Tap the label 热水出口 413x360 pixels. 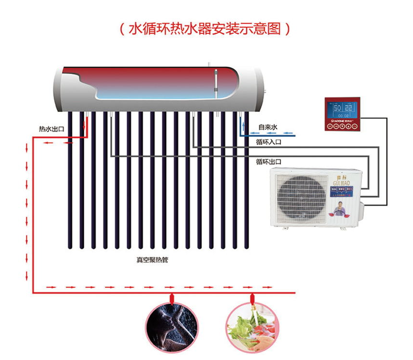pyautogui.click(x=52, y=129)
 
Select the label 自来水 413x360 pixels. pyautogui.click(x=267, y=127)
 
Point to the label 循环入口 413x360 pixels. pyautogui.click(x=268, y=142)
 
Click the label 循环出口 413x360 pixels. pyautogui.click(x=268, y=161)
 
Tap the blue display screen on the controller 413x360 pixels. pyautogui.click(x=343, y=110)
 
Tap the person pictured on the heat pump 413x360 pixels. pyautogui.click(x=343, y=207)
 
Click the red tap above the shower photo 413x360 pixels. pyautogui.click(x=172, y=297)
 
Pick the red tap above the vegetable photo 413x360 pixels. pyautogui.click(x=251, y=297)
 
